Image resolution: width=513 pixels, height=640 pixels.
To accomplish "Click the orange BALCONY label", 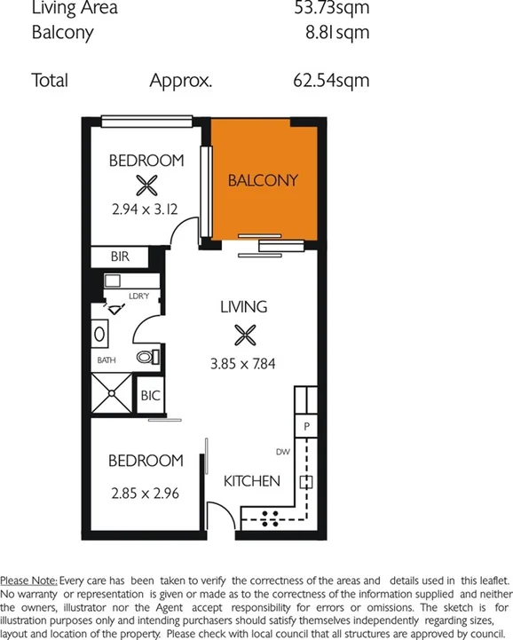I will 263,180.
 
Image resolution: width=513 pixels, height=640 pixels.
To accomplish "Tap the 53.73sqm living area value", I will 330,8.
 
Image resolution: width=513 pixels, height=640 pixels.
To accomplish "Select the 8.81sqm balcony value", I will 336,34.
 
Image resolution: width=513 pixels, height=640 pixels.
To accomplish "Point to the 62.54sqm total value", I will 330,80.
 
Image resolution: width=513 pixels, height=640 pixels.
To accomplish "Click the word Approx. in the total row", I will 181,80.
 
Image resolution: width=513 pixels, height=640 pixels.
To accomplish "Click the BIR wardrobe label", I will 120,256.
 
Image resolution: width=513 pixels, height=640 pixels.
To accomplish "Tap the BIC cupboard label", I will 150,396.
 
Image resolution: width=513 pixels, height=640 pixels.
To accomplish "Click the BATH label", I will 107,360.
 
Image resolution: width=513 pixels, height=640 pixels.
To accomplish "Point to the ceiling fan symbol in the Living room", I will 243,336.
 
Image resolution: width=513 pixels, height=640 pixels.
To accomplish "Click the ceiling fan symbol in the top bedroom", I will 146,186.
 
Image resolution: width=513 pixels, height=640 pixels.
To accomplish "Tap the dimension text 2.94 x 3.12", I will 146,210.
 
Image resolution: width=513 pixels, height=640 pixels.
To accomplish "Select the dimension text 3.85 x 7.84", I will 243,362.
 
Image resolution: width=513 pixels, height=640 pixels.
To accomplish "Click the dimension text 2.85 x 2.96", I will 146,491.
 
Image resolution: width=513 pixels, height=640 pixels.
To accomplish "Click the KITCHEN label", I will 251,481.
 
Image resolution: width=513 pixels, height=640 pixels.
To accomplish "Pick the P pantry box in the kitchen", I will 306,426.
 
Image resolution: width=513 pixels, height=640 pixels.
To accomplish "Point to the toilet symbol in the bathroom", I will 147,357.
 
